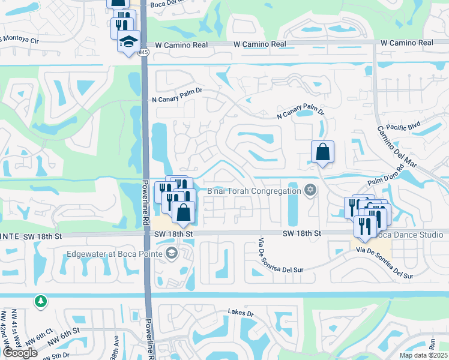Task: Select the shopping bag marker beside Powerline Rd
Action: pos(183,212)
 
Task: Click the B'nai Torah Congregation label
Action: pos(254,191)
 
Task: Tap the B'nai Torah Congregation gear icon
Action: pos(310,190)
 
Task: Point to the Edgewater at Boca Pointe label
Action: pos(115,254)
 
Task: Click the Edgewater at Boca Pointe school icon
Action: pos(171,253)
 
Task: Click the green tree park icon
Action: pos(40,300)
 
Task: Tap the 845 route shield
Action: pos(143,53)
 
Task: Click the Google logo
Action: pos(20,353)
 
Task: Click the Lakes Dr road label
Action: pos(241,313)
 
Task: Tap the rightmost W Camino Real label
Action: pos(408,43)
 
